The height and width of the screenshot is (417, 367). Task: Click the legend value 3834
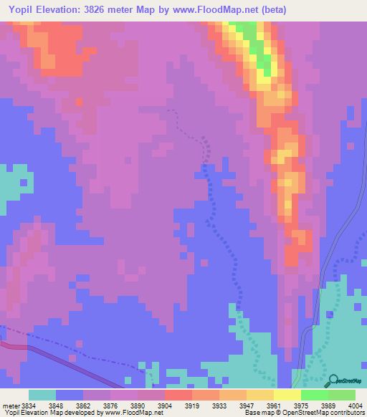pyautogui.click(x=27, y=405)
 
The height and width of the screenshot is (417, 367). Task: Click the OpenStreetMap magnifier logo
pyautogui.click(x=333, y=380)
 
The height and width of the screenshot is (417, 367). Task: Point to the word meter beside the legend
pyautogui.click(x=11, y=405)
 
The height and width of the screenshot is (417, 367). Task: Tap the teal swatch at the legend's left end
pyautogui.click(x=42, y=395)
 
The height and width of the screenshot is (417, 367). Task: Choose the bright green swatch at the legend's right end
pyautogui.click(x=341, y=395)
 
